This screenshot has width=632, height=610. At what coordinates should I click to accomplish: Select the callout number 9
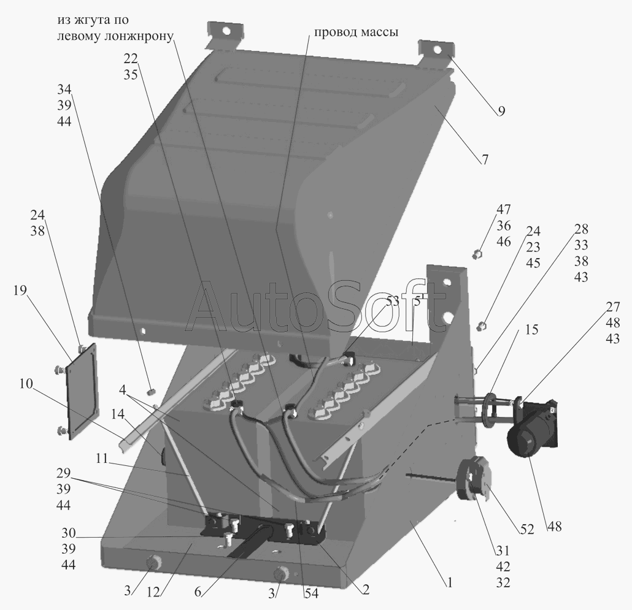click(501, 111)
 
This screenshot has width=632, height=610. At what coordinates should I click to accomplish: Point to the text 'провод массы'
click(356, 32)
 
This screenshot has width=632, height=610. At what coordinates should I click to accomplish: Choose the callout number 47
click(503, 210)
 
